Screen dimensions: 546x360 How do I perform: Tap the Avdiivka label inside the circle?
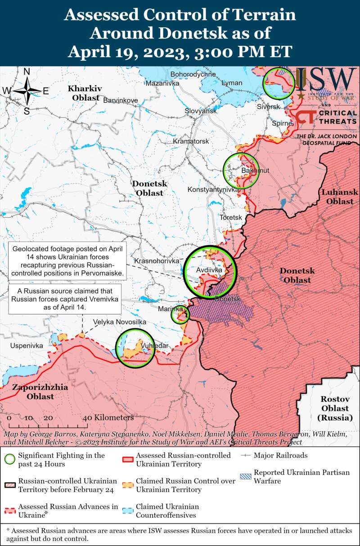209,270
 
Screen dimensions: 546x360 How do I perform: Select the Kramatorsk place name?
191,141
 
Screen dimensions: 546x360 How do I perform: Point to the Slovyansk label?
201,111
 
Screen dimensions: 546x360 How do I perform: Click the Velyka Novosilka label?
120,322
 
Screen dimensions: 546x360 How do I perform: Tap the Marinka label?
170,309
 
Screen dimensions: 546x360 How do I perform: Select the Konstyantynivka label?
213,190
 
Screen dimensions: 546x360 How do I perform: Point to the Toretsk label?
230,218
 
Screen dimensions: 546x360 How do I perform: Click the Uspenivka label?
27,345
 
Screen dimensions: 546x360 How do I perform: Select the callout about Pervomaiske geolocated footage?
68,261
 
